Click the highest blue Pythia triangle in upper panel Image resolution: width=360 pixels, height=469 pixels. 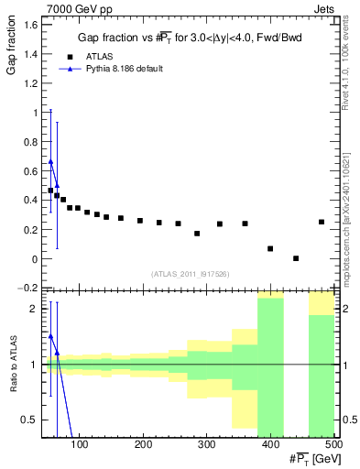point(50,161)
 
